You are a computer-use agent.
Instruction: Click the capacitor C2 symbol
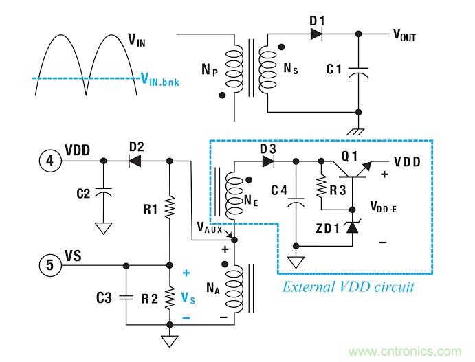(x=103, y=194)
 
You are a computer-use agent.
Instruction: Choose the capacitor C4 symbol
(x=296, y=203)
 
